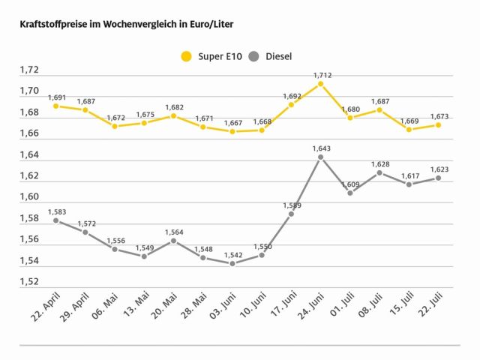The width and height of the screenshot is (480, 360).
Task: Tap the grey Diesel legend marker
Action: pos(253,56)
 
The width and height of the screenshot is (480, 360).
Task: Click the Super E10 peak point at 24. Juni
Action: pos(320,84)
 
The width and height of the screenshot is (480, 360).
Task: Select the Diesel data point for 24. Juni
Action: pos(320,157)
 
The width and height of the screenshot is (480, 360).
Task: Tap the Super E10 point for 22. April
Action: pos(55,106)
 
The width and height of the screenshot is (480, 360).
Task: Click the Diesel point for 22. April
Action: pos(55,220)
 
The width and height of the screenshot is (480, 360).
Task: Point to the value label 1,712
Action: pos(320,75)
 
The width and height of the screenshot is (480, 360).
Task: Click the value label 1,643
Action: pos(320,148)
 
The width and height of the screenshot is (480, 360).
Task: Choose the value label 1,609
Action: pos(349,184)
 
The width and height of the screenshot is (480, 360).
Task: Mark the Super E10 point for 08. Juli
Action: pos(379,110)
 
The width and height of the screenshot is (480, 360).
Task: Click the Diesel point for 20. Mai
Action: pos(173,240)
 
